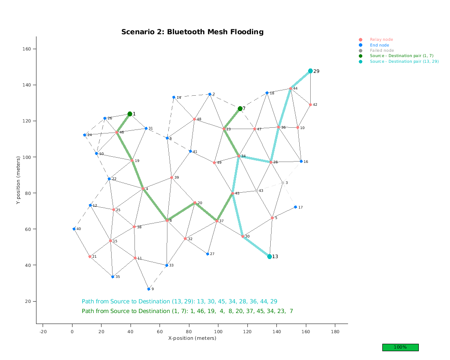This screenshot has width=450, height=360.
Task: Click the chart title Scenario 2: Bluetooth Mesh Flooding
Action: pyautogui.click(x=192, y=32)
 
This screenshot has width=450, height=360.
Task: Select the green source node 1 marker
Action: pyautogui.click(x=130, y=114)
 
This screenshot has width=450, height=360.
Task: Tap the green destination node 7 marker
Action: pyautogui.click(x=240, y=108)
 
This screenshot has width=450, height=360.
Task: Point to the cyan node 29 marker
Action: pyautogui.click(x=310, y=71)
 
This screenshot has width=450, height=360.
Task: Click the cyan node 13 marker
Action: pyautogui.click(x=269, y=256)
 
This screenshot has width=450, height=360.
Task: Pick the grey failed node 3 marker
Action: pyautogui.click(x=283, y=183)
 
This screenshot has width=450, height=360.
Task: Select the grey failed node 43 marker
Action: pyautogui.click(x=257, y=191)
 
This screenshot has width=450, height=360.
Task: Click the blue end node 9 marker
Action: pyautogui.click(x=149, y=289)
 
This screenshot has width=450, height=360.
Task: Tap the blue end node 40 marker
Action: pyautogui.click(x=74, y=229)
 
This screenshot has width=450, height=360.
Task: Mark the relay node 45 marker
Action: pyautogui.click(x=232, y=193)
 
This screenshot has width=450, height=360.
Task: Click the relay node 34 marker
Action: pyautogui.click(x=239, y=156)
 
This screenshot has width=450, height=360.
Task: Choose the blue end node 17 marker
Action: pyautogui.click(x=295, y=207)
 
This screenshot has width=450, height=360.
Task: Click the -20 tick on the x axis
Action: pyautogui.click(x=43, y=331)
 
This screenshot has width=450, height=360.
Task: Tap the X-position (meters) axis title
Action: pyautogui.click(x=192, y=338)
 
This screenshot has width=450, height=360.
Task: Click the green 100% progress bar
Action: pyautogui.click(x=400, y=347)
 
